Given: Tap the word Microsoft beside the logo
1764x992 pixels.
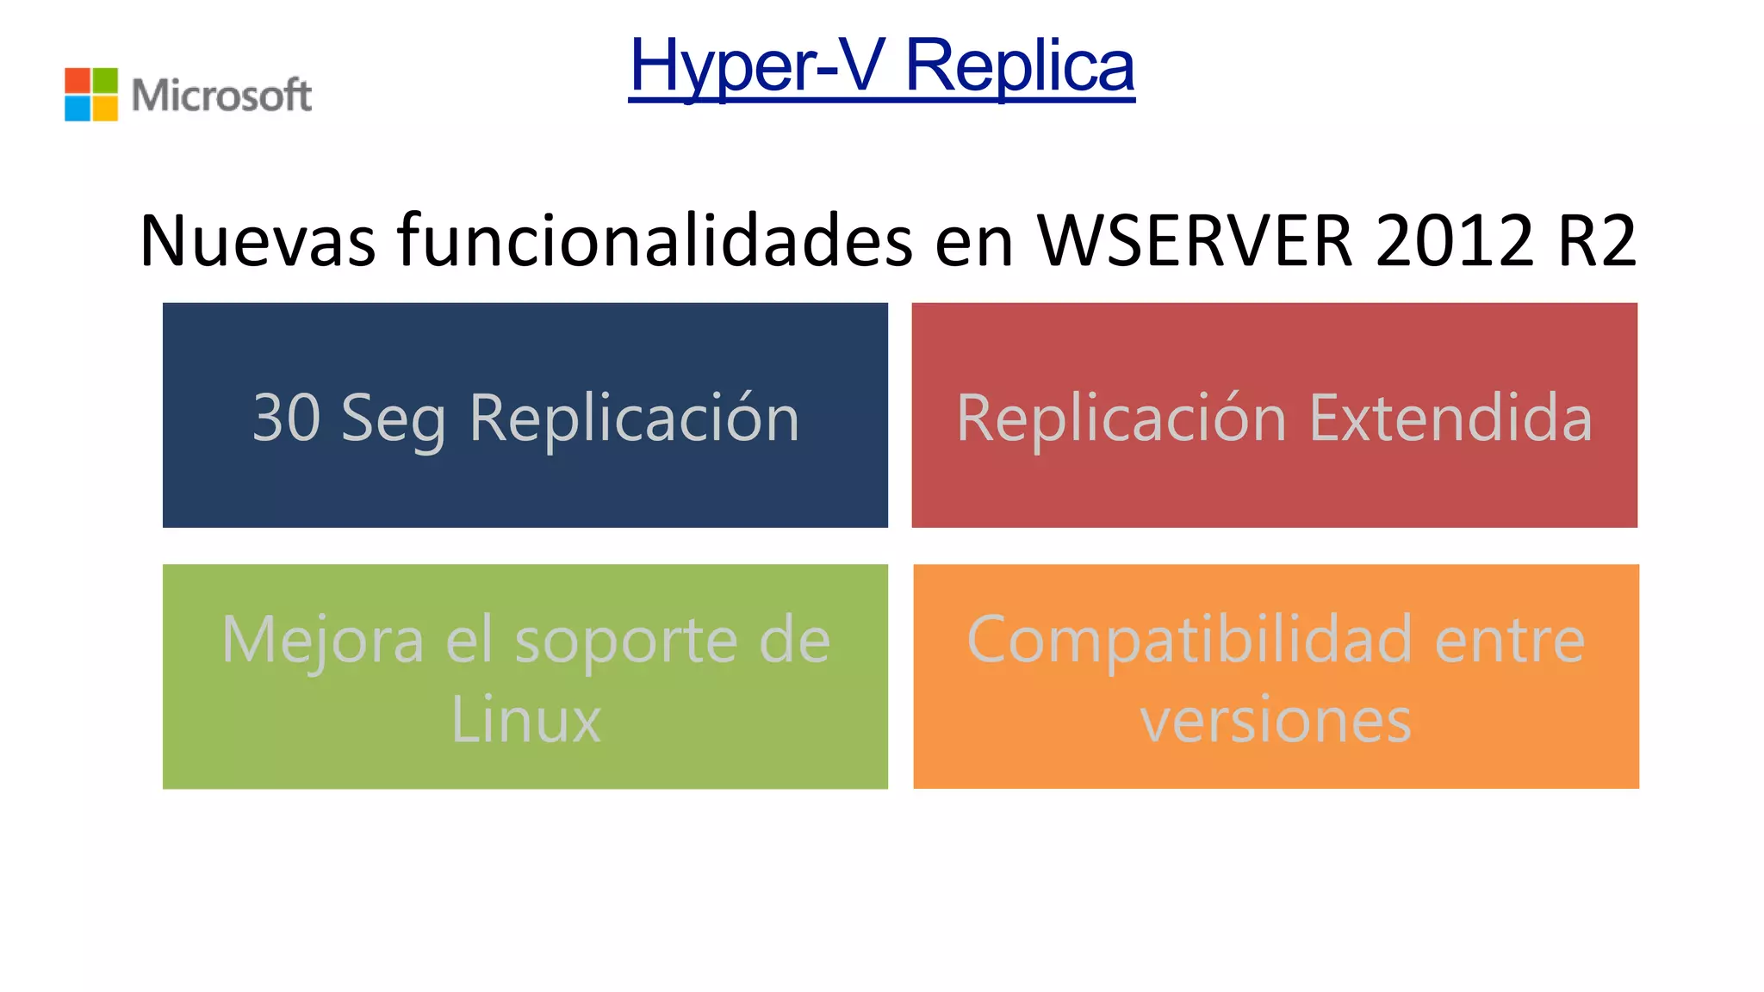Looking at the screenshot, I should click(x=221, y=95).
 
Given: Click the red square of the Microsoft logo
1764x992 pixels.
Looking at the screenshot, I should click(x=78, y=80).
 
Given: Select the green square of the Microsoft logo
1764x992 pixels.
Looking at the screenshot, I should click(x=105, y=80).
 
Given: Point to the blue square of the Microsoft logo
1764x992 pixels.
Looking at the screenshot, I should click(x=78, y=108).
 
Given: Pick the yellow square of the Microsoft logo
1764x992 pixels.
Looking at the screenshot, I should click(x=105, y=108).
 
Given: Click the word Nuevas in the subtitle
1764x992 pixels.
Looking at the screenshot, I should click(x=258, y=240).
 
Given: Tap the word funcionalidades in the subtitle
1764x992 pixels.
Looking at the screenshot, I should click(x=655, y=240).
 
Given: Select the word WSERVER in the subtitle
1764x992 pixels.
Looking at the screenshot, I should click(x=1195, y=240).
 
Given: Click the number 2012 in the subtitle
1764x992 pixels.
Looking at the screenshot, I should click(x=1455, y=240).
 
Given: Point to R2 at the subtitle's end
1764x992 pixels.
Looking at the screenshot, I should click(x=1596, y=240).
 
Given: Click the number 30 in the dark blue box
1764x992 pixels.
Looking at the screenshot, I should click(x=286, y=418).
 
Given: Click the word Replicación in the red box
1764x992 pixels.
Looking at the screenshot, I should click(x=1121, y=418).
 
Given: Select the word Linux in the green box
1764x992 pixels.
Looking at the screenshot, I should click(x=525, y=719).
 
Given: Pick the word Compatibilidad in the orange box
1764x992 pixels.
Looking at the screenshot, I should click(x=1189, y=641).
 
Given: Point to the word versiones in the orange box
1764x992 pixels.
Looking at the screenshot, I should click(x=1276, y=720).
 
